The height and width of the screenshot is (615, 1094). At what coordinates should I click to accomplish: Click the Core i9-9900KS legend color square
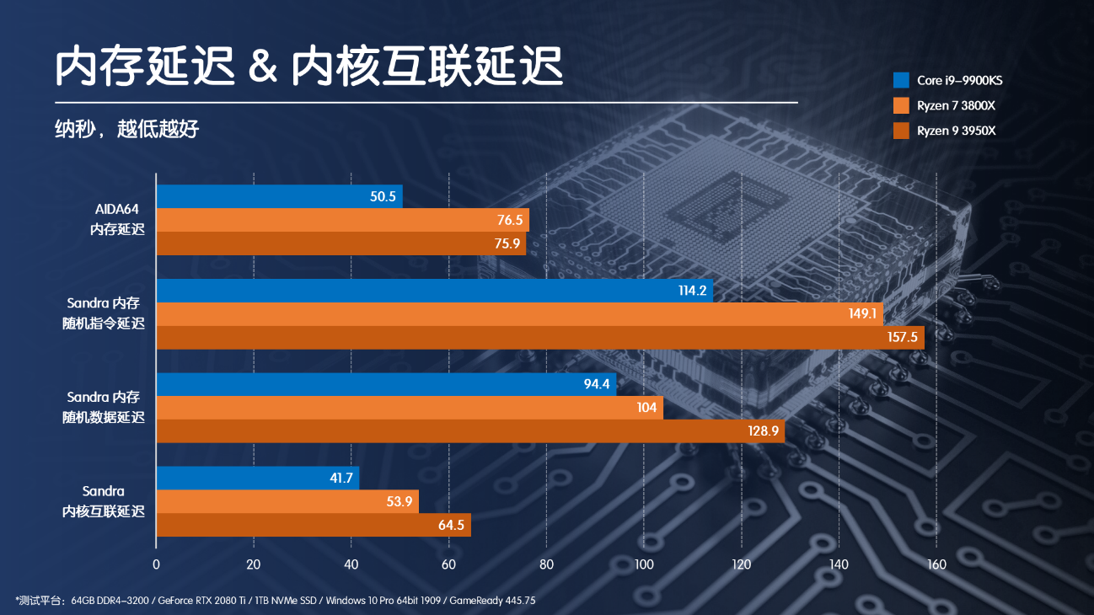pyautogui.click(x=901, y=81)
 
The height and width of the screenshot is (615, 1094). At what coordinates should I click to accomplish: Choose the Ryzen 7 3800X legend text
pyautogui.click(x=956, y=106)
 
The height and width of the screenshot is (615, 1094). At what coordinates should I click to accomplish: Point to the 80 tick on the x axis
pyautogui.click(x=546, y=564)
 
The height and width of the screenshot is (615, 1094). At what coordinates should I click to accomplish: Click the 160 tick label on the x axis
pyautogui.click(x=936, y=564)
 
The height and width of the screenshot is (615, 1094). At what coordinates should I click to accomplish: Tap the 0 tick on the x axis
pyautogui.click(x=156, y=564)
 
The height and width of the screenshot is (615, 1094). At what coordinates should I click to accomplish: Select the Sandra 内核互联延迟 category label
pyautogui.click(x=104, y=501)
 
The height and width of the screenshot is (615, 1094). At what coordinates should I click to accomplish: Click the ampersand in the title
pyautogui.click(x=264, y=67)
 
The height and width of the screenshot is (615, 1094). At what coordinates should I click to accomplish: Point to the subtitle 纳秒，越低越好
pyautogui.click(x=127, y=129)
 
